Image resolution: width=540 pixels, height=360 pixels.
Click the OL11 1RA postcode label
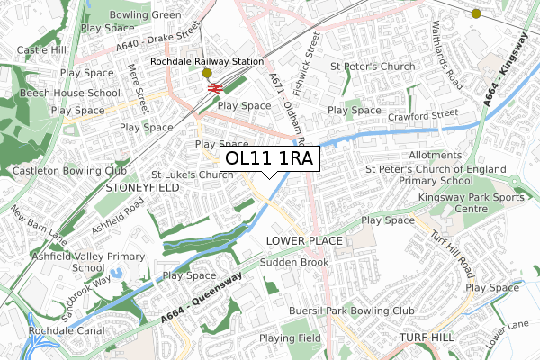(x=269, y=158)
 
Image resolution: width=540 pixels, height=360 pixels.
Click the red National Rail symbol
(x=215, y=88)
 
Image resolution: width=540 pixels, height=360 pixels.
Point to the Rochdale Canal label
(x=41, y=330)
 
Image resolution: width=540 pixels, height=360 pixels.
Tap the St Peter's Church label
(x=372, y=66)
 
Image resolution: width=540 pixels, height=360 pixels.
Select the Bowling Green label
(x=144, y=15)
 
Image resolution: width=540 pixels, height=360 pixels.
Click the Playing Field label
(x=290, y=338)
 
